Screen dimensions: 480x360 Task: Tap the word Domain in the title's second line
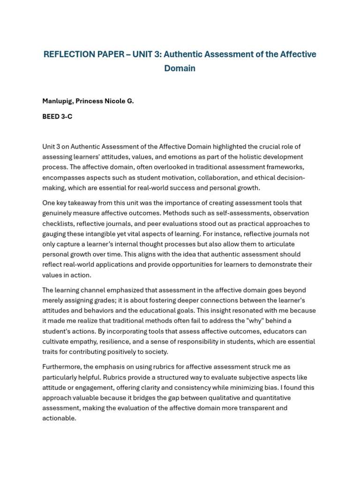(180, 68)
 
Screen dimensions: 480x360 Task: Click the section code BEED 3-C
(57, 117)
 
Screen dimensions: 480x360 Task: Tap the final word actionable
(59, 419)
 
